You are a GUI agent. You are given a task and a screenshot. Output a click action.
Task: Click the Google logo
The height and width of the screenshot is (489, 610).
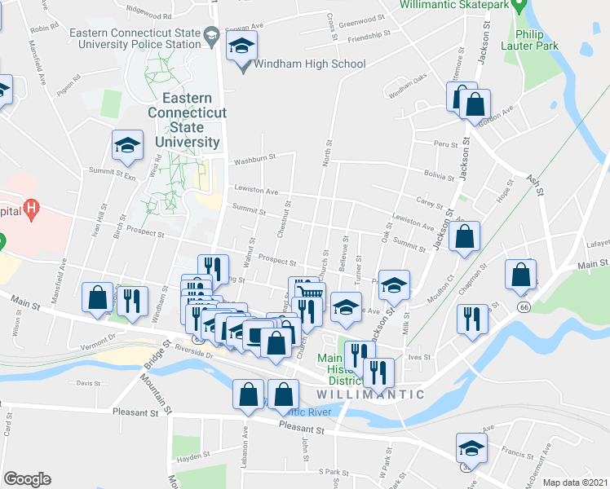pyautogui.click(x=28, y=479)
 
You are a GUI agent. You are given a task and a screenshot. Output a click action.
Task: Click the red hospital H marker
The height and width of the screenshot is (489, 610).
pyautogui.click(x=32, y=209)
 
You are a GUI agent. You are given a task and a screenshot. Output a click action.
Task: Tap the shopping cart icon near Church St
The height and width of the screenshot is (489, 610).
pyautogui.click(x=310, y=294)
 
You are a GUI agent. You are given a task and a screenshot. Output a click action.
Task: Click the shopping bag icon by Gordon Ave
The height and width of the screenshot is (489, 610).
pyautogui.click(x=475, y=105)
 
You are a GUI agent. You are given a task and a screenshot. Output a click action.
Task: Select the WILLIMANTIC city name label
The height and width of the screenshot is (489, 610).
pyautogui.click(x=369, y=394)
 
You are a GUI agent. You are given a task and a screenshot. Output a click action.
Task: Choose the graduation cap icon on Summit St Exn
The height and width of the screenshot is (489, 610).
pyautogui.click(x=127, y=146)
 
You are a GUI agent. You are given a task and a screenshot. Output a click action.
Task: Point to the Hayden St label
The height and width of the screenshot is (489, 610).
pyautogui.click(x=193, y=457)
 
